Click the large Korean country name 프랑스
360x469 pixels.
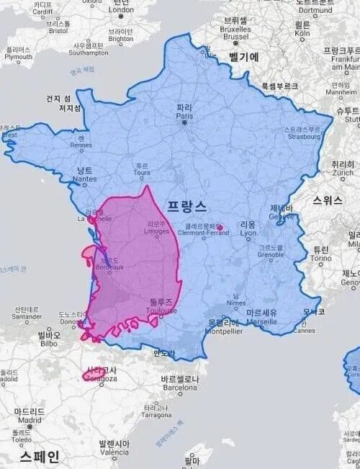click(186, 205)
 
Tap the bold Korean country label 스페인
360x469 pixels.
click(40, 457)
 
